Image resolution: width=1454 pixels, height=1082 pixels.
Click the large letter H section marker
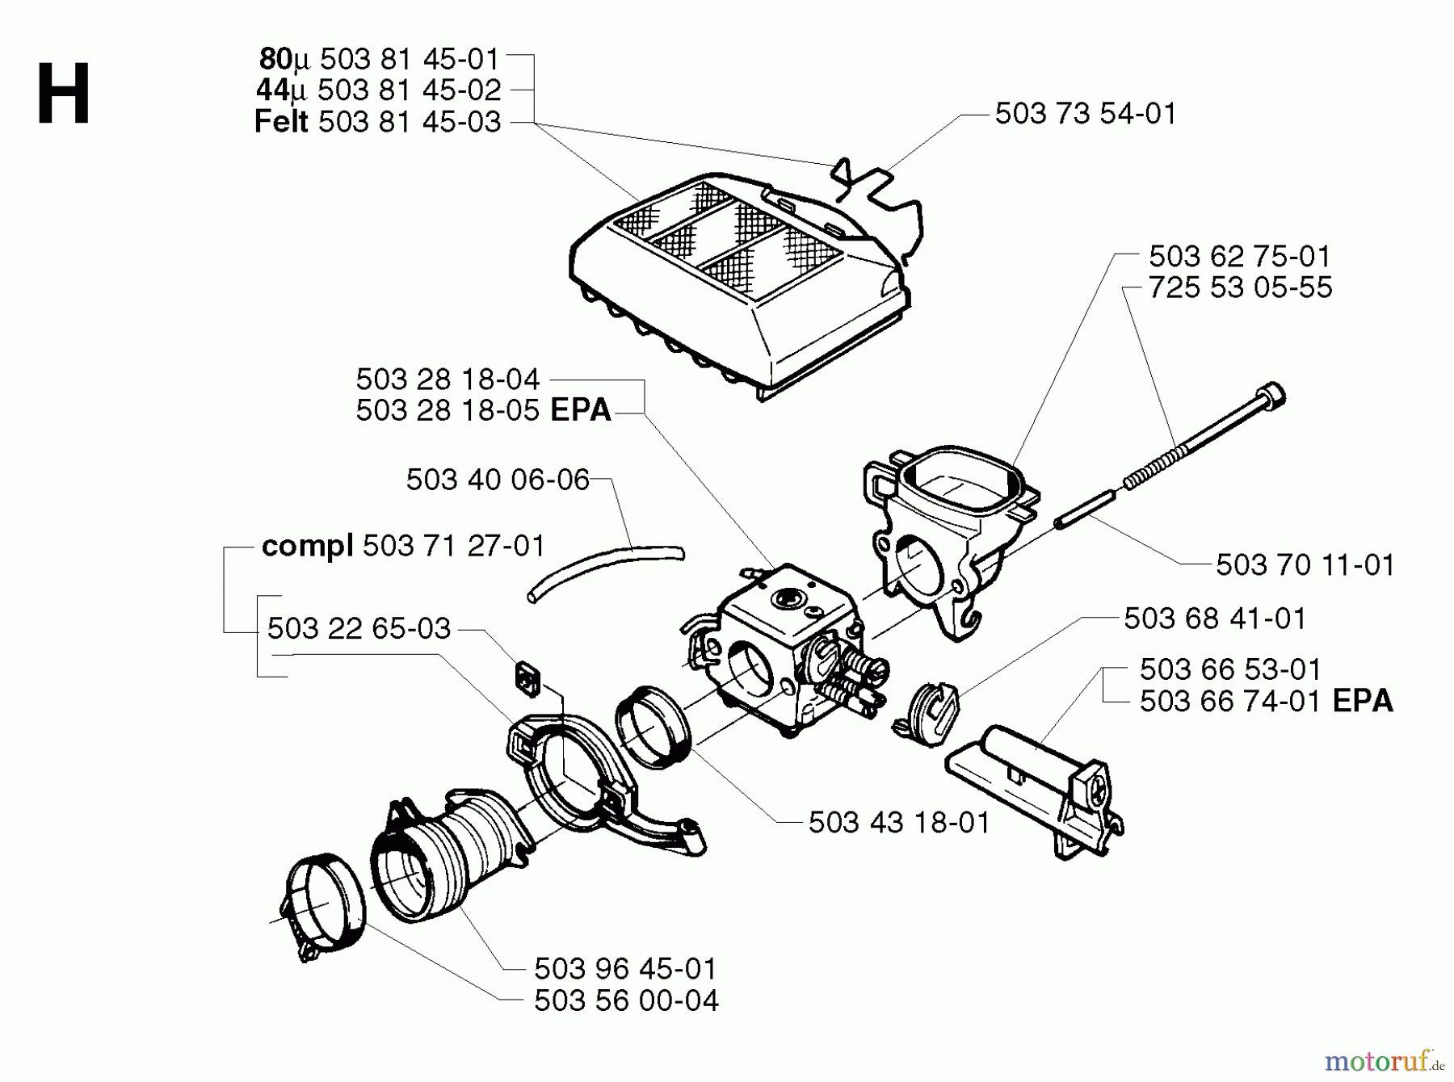coord(63,95)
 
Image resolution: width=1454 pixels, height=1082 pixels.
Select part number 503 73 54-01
coord(1085,113)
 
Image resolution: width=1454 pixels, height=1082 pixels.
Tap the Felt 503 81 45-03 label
coord(377,122)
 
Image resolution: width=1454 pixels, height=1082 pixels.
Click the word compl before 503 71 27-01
coord(307,547)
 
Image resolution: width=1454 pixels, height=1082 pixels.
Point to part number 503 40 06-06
coord(498,480)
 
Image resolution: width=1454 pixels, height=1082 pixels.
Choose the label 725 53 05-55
coord(1240,287)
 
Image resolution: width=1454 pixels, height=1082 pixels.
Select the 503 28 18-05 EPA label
coord(483,410)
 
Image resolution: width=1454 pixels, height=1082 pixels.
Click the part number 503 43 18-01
coord(898,823)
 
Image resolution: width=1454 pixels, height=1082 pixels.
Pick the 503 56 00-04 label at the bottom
coord(626,1001)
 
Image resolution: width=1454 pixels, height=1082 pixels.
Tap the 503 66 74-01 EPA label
coord(1266,701)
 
